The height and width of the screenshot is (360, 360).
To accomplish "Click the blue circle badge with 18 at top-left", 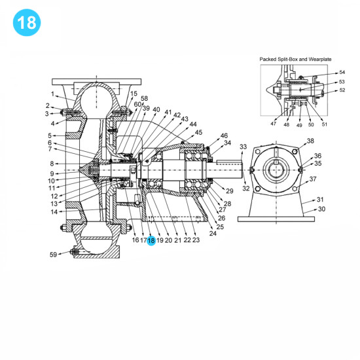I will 26,22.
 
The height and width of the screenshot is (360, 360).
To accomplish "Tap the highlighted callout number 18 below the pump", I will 151,240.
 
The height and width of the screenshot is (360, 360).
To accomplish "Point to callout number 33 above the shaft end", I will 243,147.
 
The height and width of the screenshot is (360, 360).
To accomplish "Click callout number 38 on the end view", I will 310,141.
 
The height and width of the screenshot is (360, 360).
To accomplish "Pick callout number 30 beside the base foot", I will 321,209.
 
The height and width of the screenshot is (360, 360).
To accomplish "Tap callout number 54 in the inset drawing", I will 342,73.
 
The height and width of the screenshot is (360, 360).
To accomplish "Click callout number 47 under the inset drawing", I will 274,124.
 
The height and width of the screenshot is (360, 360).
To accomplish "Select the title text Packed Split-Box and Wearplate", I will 296,58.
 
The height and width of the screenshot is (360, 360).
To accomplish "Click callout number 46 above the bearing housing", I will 224,135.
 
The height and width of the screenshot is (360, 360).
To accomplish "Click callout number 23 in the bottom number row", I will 196,240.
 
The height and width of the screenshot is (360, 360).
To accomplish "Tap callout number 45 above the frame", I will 199,132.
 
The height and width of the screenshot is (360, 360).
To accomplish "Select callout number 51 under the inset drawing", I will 325,124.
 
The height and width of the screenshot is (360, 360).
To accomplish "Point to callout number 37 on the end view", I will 313,179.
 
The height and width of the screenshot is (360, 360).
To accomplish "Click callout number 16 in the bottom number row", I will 135,240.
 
